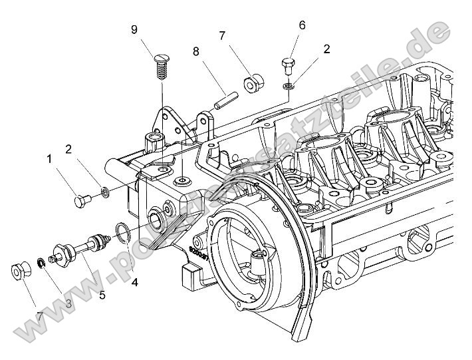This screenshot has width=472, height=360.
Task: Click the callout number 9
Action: click(x=134, y=29)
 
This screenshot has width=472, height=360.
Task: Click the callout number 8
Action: click(x=195, y=51)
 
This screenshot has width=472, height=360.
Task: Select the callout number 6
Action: click(x=302, y=25)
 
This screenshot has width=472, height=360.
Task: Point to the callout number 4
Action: click(x=135, y=282)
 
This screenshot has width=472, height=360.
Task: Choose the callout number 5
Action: click(x=102, y=294)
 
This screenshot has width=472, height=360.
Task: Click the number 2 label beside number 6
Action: click(x=326, y=49)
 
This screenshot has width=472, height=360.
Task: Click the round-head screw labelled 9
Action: click(x=160, y=67)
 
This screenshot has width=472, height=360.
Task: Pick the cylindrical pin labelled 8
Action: click(x=225, y=98)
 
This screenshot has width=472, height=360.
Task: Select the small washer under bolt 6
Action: click(x=289, y=85)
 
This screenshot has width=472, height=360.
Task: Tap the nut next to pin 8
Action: click(x=252, y=85)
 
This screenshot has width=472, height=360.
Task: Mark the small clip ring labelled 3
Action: click(x=41, y=264)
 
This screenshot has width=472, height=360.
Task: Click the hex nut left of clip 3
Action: click(x=19, y=272)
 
